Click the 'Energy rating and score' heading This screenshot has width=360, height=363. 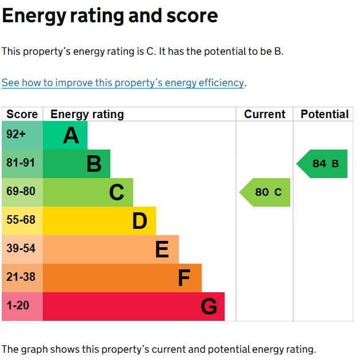pyautogui.click(x=110, y=16)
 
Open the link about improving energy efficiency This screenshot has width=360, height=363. pyautogui.click(x=123, y=83)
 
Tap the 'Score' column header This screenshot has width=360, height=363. pyautogui.click(x=22, y=114)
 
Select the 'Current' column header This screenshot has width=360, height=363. pyautogui.click(x=265, y=114)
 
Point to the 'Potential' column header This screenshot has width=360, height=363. pyautogui.click(x=325, y=114)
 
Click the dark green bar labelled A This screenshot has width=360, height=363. pyautogui.click(x=65, y=135)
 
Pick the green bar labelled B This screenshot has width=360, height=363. pyautogui.click(x=77, y=164)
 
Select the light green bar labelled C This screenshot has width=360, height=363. pyautogui.click(x=88, y=192)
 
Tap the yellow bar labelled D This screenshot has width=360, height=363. pyautogui.click(x=99, y=221)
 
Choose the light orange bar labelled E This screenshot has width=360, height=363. pyautogui.click(x=111, y=249)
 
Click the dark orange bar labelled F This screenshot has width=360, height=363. pyautogui.click(x=122, y=278)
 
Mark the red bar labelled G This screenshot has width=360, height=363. pyautogui.click(x=134, y=306)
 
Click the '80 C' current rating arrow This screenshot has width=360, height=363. pyautogui.click(x=266, y=192)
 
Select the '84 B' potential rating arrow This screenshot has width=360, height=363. pyautogui.click(x=323, y=164)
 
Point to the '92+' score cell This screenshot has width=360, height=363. pyautogui.click(x=22, y=135)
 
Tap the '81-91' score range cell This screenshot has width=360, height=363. pyautogui.click(x=22, y=164)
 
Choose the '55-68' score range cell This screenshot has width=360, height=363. pyautogui.click(x=22, y=221)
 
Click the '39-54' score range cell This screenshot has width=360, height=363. pyautogui.click(x=22, y=249)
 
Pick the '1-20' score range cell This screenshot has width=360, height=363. pyautogui.click(x=22, y=306)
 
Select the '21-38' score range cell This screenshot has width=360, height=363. pyautogui.click(x=22, y=278)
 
